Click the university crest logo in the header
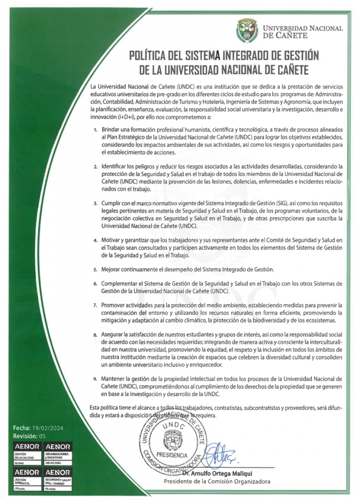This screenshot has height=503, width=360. (x=248, y=30)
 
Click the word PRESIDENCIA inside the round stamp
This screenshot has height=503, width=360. (x=171, y=454)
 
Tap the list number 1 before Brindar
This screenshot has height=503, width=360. (x=96, y=129)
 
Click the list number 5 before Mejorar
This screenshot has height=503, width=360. (x=96, y=270)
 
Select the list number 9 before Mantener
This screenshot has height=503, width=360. (x=96, y=380)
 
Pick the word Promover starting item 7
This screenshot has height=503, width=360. (x=115, y=305)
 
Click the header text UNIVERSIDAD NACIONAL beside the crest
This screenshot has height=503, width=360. (x=303, y=28)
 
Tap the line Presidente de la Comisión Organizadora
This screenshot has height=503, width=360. (x=217, y=481)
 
